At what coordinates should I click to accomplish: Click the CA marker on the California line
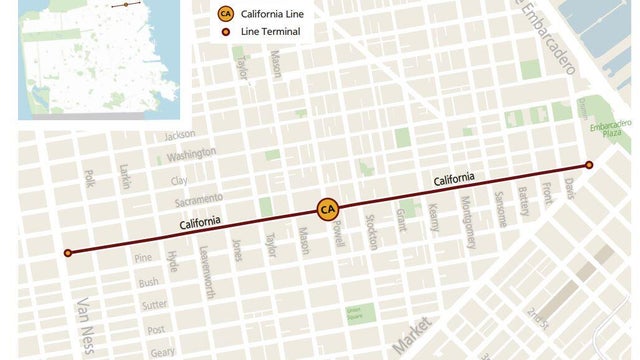[x=327, y=209]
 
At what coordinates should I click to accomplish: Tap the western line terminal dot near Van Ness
[x=68, y=253]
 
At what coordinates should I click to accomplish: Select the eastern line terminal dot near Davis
[x=589, y=165]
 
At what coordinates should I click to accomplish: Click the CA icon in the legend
[x=226, y=14]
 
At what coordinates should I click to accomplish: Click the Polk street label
[x=89, y=178]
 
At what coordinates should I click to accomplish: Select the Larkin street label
[x=124, y=176]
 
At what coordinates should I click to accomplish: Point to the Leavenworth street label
[x=205, y=272]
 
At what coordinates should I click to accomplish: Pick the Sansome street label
[x=500, y=209]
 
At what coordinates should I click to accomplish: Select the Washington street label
[x=191, y=156]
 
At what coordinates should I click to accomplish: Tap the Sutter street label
[x=153, y=305]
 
